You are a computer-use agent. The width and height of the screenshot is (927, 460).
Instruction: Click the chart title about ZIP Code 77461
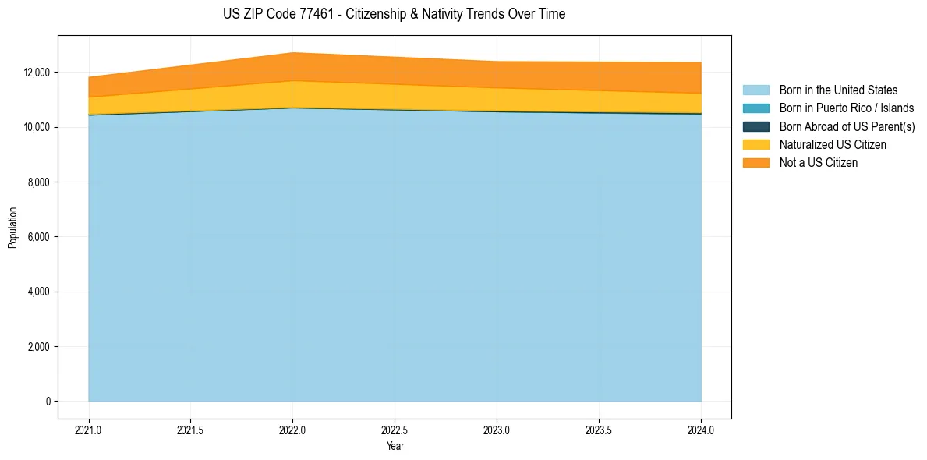[x=394, y=14]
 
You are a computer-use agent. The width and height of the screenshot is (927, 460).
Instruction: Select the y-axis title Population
[x=12, y=228]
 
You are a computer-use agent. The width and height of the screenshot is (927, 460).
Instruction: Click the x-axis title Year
[x=395, y=446]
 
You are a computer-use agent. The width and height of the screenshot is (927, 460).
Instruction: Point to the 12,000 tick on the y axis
[x=36, y=73]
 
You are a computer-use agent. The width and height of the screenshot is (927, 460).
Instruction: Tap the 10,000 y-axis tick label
[x=36, y=127]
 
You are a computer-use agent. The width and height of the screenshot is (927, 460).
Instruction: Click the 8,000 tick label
[x=38, y=182]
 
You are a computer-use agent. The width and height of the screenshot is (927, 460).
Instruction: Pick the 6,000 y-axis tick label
[x=38, y=237]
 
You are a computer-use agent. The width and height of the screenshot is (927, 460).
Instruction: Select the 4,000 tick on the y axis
[x=38, y=292]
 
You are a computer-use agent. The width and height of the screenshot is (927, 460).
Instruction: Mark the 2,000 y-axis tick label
[x=38, y=347]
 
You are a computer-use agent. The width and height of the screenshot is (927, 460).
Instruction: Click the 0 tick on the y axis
[x=47, y=402]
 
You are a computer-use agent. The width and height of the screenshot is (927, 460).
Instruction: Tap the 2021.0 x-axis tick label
[x=89, y=430]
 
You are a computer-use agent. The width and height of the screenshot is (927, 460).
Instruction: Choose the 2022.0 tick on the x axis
[x=292, y=430]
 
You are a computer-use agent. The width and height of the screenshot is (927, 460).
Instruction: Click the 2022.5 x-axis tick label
[x=395, y=430]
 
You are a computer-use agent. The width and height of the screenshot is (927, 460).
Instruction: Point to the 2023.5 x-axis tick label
[x=599, y=430]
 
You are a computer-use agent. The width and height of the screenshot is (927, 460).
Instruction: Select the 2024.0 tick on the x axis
[x=701, y=430]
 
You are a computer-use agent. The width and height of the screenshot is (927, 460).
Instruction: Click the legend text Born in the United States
[x=838, y=90]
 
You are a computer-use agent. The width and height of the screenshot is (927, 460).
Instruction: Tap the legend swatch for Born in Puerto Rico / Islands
[x=755, y=108]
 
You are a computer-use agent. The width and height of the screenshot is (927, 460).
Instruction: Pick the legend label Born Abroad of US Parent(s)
[x=847, y=126]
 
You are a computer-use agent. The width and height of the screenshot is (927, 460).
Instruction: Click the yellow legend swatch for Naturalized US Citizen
[x=755, y=144]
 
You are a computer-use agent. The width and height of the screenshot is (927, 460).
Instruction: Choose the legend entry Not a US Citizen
[x=818, y=163]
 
